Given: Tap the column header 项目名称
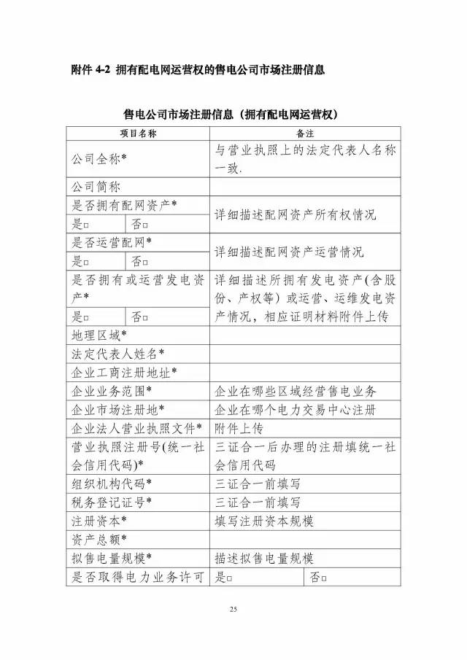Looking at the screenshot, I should coord(138,133).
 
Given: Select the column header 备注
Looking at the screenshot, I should coord(305,133).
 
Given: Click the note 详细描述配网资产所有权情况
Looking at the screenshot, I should coord(296,215).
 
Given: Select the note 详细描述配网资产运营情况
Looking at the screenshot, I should coord(290,252).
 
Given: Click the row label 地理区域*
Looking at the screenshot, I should coord(99,335).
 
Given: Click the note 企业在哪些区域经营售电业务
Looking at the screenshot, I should coord(296,391).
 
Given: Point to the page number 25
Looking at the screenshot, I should coord(233,609).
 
